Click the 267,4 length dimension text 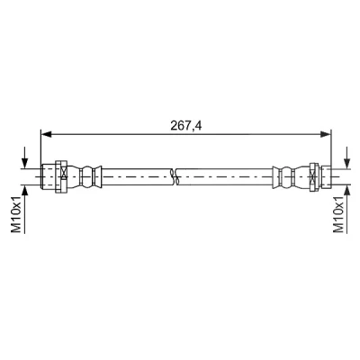[x=186, y=126]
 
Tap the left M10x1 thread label [x=16, y=213]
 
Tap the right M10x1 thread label [x=338, y=213]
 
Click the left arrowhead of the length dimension [x=46, y=134]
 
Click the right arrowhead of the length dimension [x=325, y=134]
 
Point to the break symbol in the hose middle [x=175, y=176]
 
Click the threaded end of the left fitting [x=48, y=176]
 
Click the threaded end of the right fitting [x=327, y=177]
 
